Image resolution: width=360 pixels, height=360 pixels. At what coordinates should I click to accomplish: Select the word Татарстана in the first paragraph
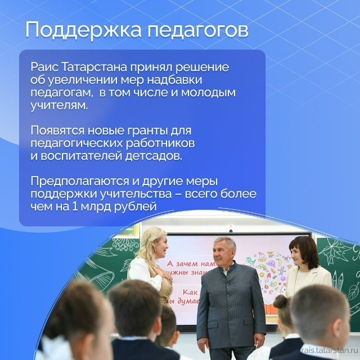94,67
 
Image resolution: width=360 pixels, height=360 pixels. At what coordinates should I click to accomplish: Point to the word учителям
59,106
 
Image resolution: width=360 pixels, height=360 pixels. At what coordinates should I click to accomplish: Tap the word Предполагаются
79,181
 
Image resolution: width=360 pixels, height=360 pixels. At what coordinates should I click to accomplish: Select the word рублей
135,207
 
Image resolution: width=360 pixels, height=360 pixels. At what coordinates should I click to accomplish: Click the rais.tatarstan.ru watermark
330,350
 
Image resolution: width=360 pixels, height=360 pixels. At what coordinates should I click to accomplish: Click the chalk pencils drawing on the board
337,280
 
